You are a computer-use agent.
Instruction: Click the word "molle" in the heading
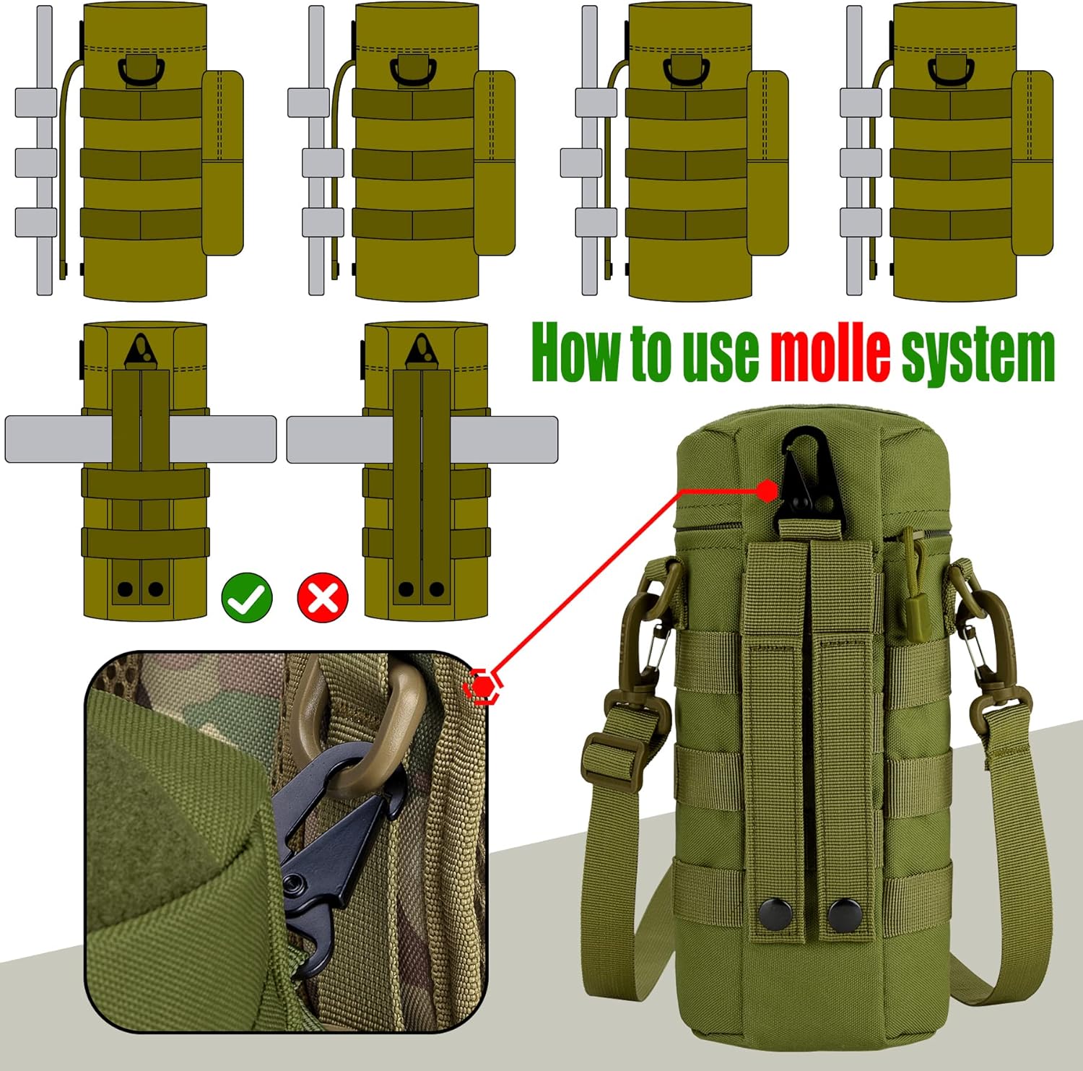click(830, 354)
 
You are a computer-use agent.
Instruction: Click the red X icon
click(323, 598)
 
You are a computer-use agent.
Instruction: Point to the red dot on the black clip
click(767, 492)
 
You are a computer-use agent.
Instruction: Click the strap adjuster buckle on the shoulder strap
click(611, 760)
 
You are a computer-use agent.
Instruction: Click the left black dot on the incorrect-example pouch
click(406, 589)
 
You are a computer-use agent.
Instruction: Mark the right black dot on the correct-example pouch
click(155, 589)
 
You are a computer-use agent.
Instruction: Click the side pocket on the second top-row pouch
click(494, 162)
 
